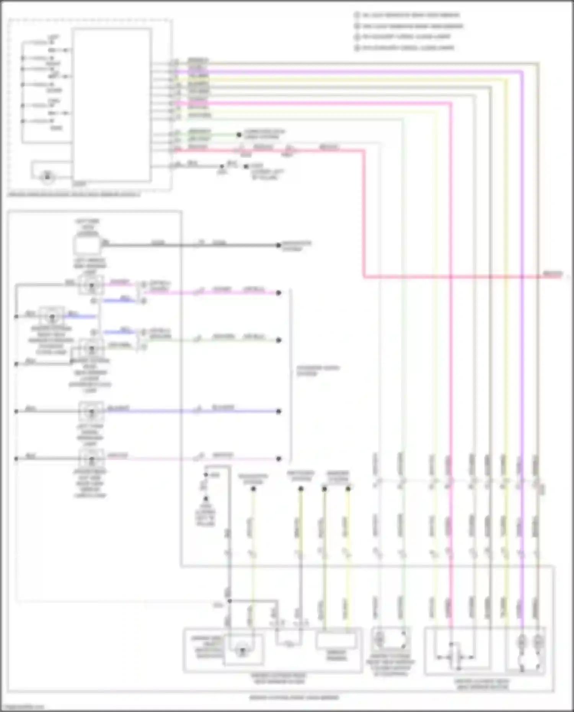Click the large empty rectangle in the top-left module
(111, 104)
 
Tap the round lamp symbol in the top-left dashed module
(47, 177)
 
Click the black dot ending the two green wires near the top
(239, 135)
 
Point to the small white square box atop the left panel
(88, 245)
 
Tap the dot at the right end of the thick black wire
(279, 245)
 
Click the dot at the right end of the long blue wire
(279, 412)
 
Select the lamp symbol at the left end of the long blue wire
(91, 412)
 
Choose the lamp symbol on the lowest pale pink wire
(91, 459)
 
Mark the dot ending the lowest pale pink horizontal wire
(279, 459)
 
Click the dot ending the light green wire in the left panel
(279, 340)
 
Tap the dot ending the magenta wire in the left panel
(279, 293)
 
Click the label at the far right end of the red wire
(553, 274)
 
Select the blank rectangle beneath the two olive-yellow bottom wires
(336, 641)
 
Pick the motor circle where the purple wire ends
(521, 641)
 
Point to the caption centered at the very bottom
(294, 698)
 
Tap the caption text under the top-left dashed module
(73, 195)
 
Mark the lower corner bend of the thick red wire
(364, 277)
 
